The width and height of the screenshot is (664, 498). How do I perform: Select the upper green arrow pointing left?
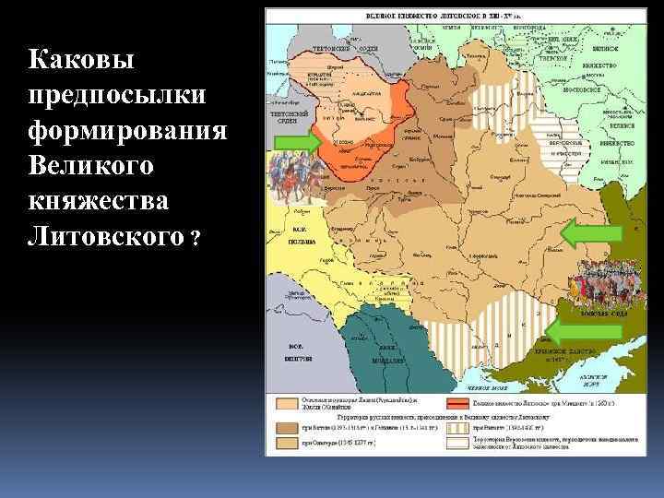[591, 231]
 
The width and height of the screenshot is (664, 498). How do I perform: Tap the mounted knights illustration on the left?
[290, 179]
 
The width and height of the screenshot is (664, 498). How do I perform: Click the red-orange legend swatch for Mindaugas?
[459, 403]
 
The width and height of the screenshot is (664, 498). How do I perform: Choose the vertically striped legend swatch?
[459, 427]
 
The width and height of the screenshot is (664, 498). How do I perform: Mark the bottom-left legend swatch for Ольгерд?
[280, 443]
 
